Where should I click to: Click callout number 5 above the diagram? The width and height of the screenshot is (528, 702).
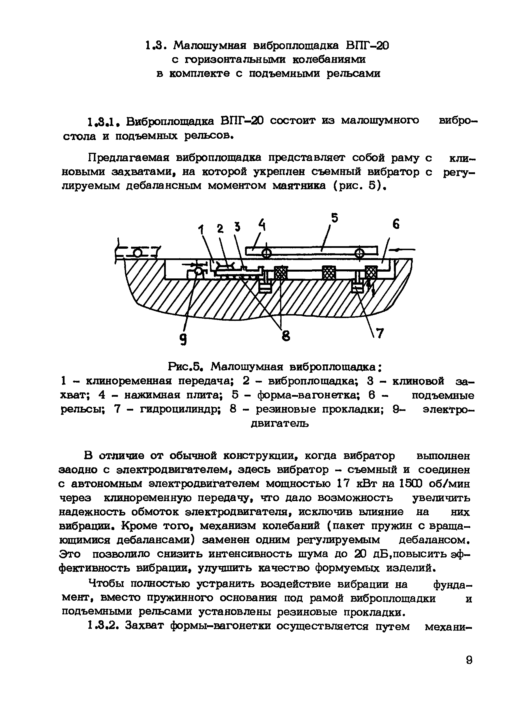pos(334,218)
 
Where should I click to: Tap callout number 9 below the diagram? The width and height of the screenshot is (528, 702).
pos(183,340)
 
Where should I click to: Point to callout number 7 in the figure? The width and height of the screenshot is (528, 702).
pos(380,333)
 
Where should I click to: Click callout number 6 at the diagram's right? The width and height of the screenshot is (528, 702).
pos(396,224)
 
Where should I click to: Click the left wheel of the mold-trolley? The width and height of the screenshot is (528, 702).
pos(267,253)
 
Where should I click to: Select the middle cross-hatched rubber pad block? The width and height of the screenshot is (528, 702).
pos(329,272)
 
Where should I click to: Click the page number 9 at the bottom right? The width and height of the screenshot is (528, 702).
pos(469,660)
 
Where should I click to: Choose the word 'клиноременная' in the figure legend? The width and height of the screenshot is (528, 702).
pos(128,381)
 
